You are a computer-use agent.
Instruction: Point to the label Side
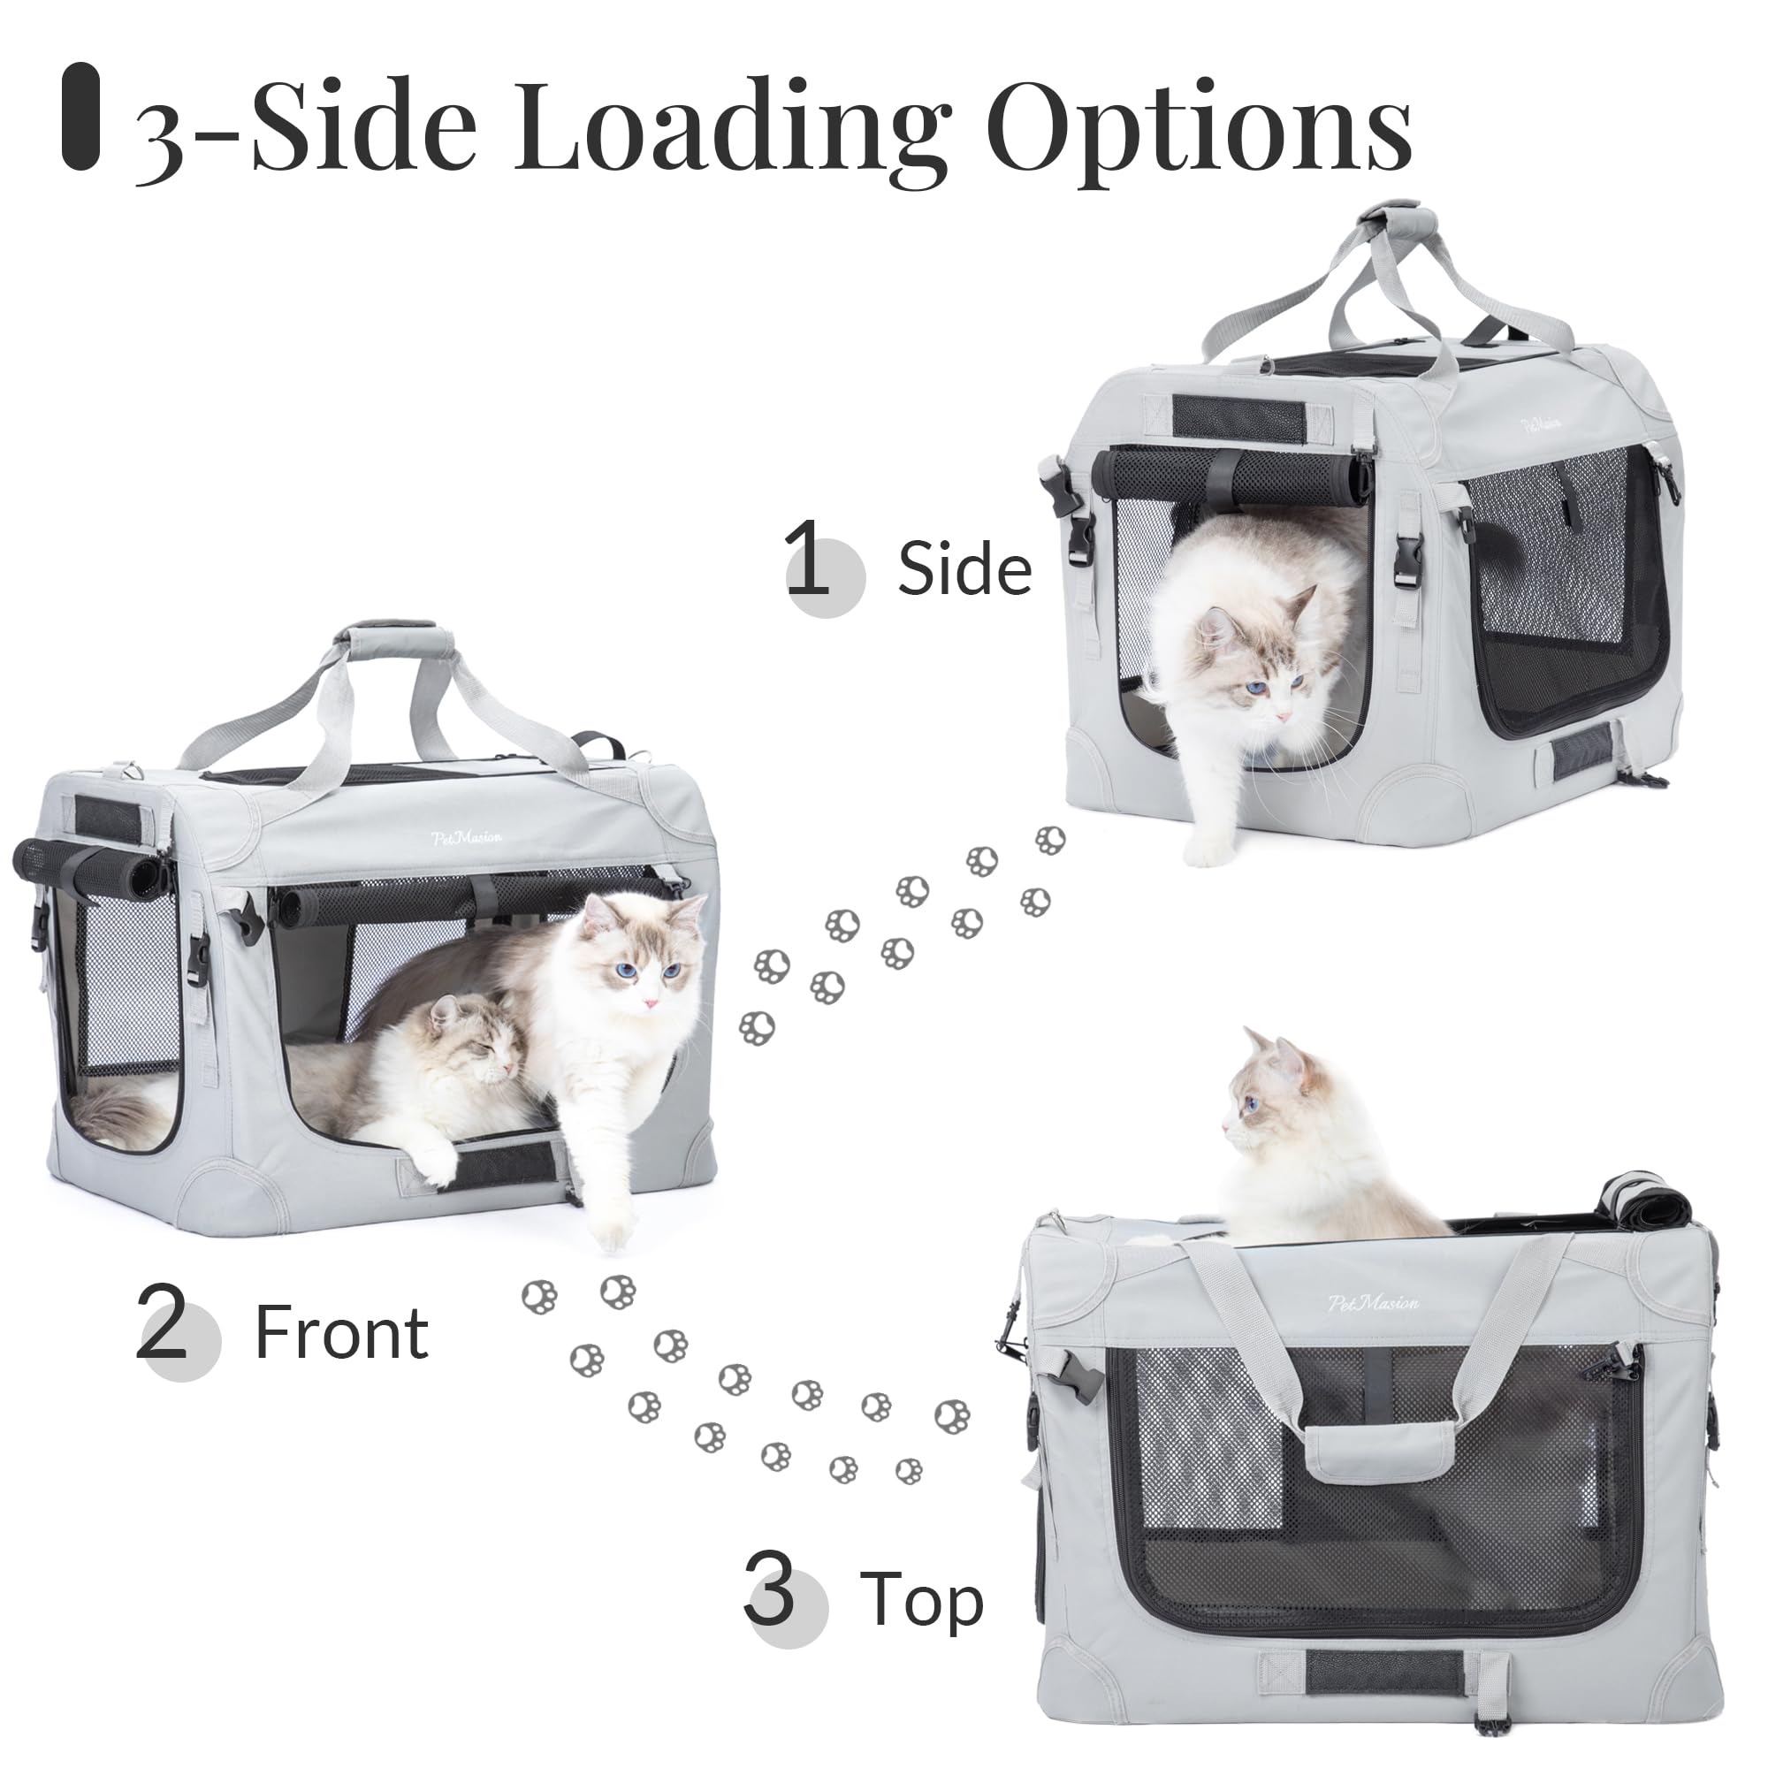point(964,568)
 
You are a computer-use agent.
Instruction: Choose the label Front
point(341,1333)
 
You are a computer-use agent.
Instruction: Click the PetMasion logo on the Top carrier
point(1374,1302)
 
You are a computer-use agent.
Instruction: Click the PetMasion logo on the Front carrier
point(469,836)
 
